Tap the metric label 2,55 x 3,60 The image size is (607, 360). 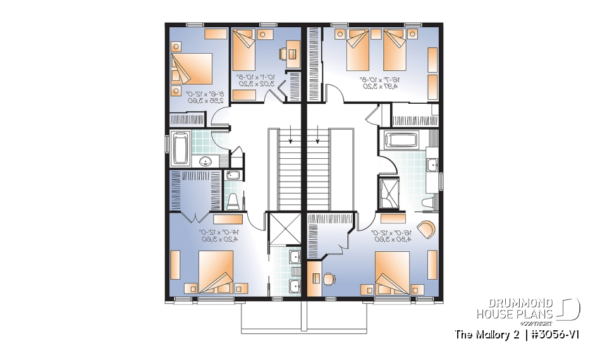tap(193, 101)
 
